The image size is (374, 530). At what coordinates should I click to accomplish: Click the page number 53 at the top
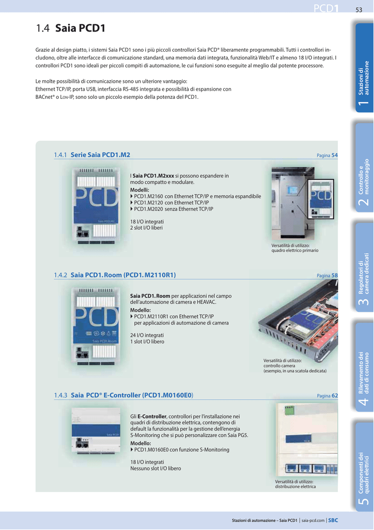pos(359,10)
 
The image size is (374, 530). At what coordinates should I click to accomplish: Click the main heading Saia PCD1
pos(80,28)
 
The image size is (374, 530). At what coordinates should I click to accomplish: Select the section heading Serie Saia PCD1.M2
pos(100,155)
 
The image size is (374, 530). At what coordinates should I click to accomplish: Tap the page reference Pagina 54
pos(327,155)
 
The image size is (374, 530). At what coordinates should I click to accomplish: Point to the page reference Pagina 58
pos(327,275)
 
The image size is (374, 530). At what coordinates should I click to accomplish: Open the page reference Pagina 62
pos(327,395)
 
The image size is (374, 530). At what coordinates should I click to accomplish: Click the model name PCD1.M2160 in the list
pos(148,196)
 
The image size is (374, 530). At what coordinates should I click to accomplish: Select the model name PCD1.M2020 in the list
pos(148,209)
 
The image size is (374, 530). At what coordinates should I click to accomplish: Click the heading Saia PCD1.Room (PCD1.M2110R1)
pos(123,275)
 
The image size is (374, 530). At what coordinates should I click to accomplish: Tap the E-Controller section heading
pos(132,395)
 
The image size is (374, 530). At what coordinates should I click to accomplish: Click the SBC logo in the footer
pos(333,521)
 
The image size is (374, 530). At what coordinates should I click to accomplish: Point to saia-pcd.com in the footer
pos(313,521)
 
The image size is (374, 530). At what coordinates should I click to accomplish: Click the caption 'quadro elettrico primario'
pos(295,251)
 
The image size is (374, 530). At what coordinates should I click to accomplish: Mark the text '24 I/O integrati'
pos(147,335)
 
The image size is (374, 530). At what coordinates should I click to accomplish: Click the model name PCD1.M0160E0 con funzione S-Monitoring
pos(182,450)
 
